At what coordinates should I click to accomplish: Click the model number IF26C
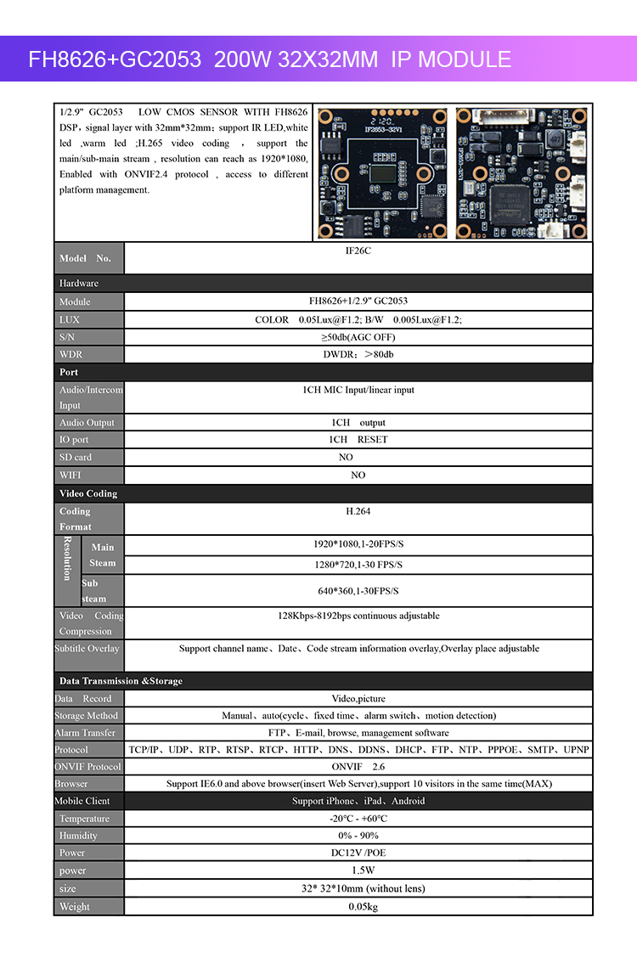coord(358,252)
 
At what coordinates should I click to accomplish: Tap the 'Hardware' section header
coord(79,283)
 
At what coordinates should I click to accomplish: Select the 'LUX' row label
coord(70,320)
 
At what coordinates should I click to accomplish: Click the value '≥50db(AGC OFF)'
coord(358,337)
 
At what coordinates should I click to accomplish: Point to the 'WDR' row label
coord(71,354)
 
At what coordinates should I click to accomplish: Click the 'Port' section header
coord(69,372)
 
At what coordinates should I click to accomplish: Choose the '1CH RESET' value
coord(358,440)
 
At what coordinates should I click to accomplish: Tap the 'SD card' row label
coord(76,457)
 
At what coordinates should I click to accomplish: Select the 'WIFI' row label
coord(70,476)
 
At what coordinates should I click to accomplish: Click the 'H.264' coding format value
coord(358,511)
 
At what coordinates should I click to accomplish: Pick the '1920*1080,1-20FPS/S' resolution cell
coord(358,544)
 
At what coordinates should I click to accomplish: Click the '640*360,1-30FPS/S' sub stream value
coord(358,591)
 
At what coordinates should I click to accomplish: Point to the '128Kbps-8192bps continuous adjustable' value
coord(358,616)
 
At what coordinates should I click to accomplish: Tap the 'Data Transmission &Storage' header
coord(121,681)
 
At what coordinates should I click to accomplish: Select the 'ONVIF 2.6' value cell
coord(358,767)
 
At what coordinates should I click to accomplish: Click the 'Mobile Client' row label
coord(82,801)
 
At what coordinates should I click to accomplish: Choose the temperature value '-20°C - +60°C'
coord(358,819)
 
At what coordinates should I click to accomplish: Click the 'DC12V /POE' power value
coord(358,853)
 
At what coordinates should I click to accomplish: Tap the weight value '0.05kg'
coord(358,907)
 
